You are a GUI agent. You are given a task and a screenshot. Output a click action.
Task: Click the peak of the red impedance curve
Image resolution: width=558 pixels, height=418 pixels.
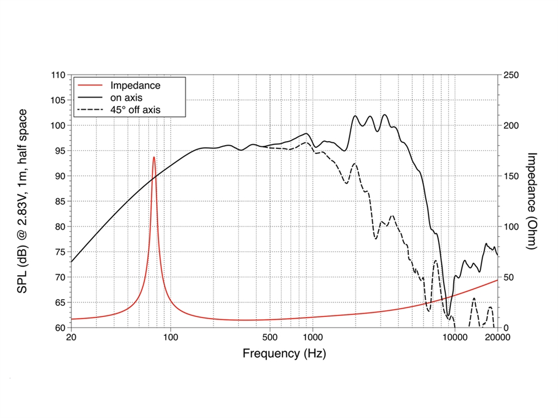pos(154,157)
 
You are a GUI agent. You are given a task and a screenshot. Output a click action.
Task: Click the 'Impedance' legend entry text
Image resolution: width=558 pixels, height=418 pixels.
pos(136,85)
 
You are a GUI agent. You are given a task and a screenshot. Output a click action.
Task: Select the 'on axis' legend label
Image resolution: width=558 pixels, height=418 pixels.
pos(127,98)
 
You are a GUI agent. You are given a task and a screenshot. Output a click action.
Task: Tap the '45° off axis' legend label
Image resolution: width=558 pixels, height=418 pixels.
pos(136,110)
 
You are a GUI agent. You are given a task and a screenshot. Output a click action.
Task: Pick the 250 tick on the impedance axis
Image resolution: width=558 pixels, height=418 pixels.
pos(511,75)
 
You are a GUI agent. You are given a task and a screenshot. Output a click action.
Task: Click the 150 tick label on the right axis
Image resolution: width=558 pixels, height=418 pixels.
pos(511,176)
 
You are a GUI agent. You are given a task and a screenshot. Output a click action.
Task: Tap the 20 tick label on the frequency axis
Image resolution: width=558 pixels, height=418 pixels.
pos(71,338)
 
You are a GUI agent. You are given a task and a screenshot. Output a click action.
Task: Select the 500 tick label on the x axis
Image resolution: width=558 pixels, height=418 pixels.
pos(270,338)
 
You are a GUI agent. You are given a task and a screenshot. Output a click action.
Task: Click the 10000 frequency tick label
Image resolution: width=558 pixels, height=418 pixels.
pos(454,338)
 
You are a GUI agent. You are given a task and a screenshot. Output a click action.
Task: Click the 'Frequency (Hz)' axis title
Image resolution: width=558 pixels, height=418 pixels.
pos(284,353)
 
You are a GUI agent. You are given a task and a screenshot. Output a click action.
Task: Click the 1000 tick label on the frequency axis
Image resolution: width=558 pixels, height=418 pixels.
pos(312,338)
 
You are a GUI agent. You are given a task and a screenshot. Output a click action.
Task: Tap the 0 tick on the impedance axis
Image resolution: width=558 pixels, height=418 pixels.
pos(505,328)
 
